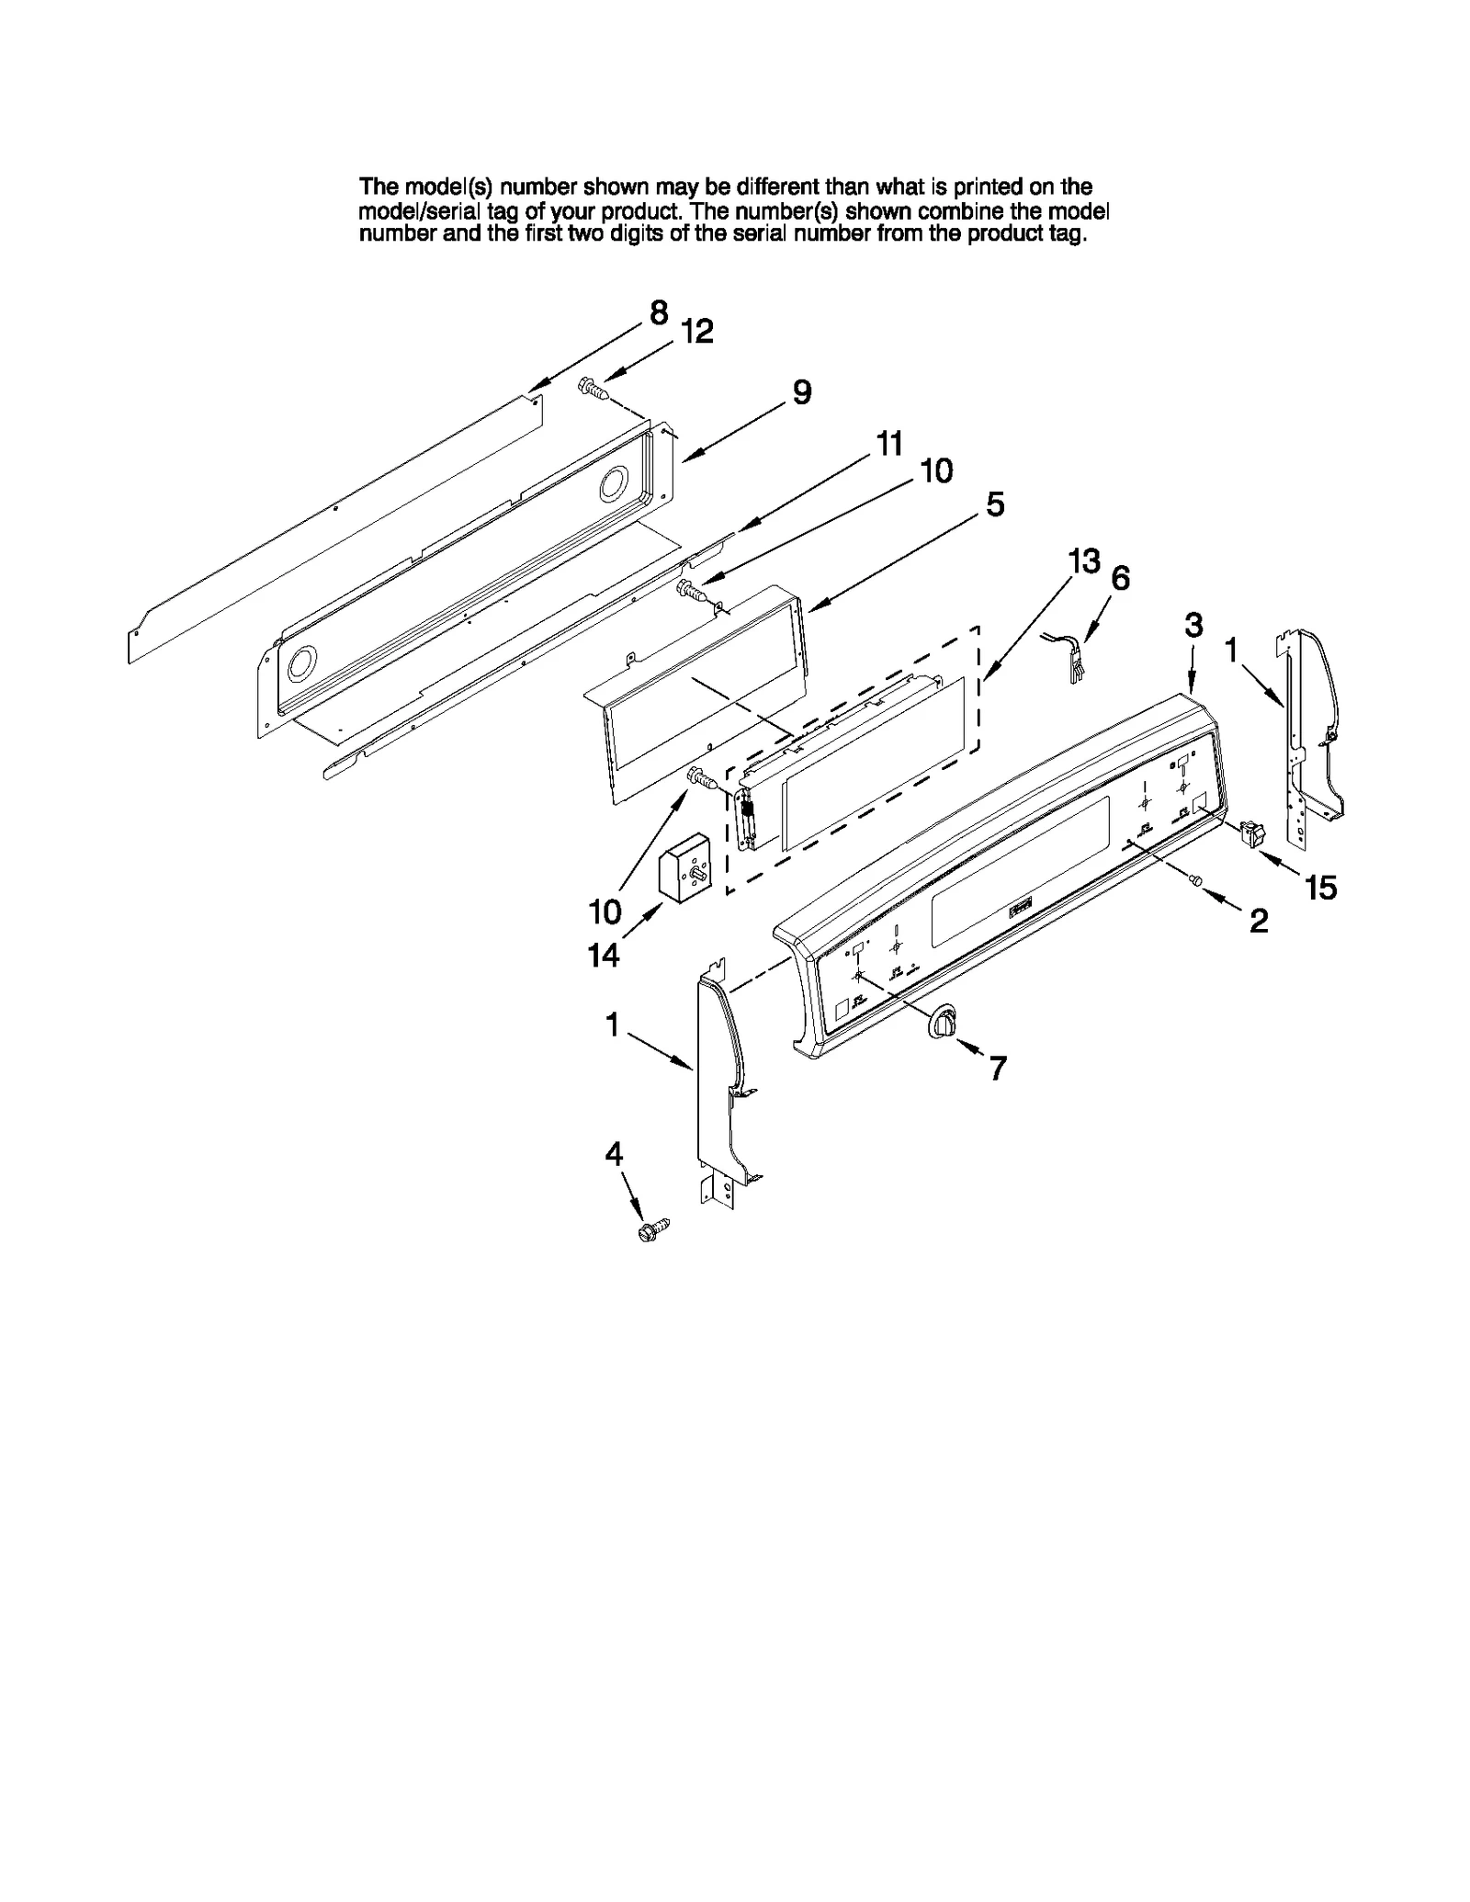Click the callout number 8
point(658,313)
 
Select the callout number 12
point(697,332)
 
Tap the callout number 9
point(801,393)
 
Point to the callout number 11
point(888,444)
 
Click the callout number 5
point(995,504)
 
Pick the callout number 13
point(1084,560)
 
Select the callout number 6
point(1120,579)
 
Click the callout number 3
point(1193,626)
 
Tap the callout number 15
point(1320,888)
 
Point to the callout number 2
point(1258,921)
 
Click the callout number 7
point(998,1068)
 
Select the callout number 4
point(614,1154)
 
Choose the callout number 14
point(604,957)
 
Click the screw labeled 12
point(593,390)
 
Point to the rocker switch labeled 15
point(1250,833)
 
